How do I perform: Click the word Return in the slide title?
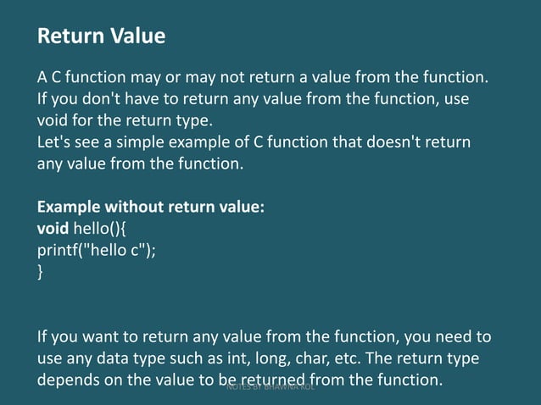[69, 36]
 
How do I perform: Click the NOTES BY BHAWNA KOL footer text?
[271, 387]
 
